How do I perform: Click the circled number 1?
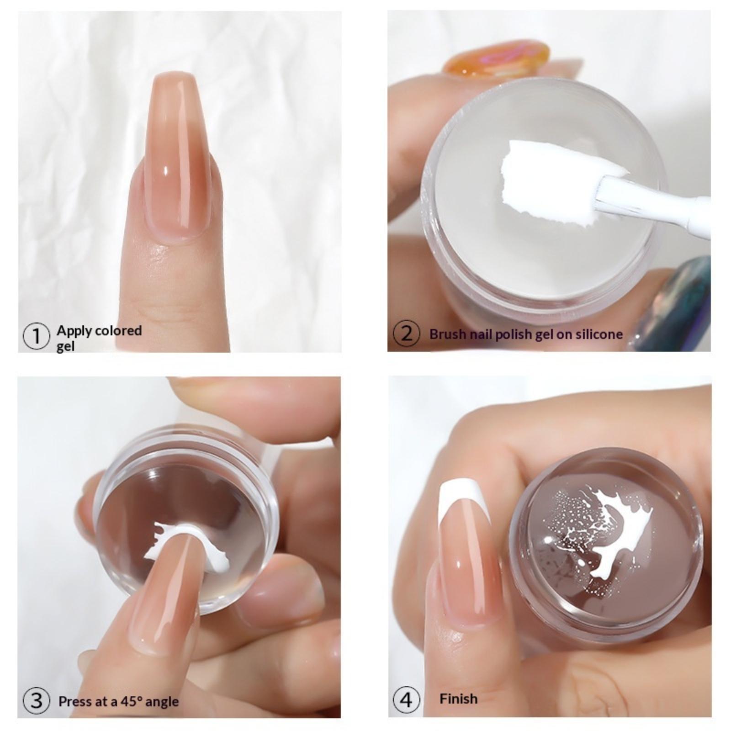click(36, 337)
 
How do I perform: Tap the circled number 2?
click(406, 334)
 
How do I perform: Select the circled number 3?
click(36, 701)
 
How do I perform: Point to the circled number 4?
click(406, 700)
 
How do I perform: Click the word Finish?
click(458, 699)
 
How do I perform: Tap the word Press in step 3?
click(74, 701)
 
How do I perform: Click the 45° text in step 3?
click(130, 701)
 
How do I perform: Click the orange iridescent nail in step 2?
click(496, 58)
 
